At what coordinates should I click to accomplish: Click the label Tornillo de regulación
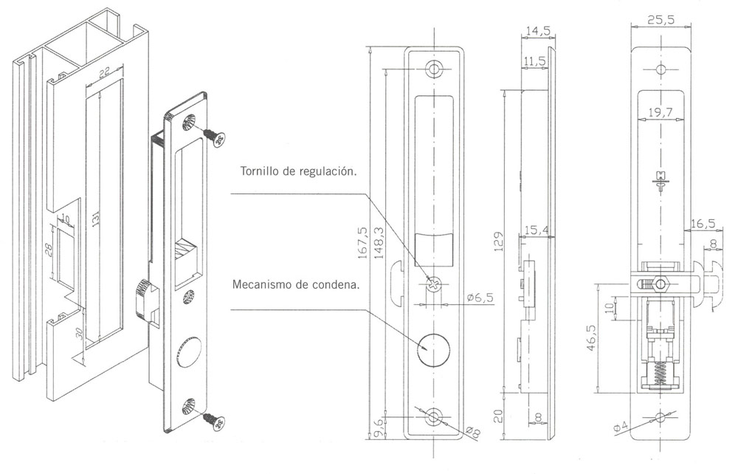[298, 171]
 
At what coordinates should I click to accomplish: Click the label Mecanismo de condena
[296, 284]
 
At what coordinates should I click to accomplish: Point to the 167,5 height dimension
[362, 242]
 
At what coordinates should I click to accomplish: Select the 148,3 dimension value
[377, 242]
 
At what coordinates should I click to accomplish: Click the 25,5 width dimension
[661, 19]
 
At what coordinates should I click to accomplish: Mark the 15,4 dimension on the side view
[537, 230]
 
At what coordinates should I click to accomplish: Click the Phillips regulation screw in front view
[433, 284]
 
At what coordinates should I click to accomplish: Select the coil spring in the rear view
[660, 372]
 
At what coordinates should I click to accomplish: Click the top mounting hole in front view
[433, 69]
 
